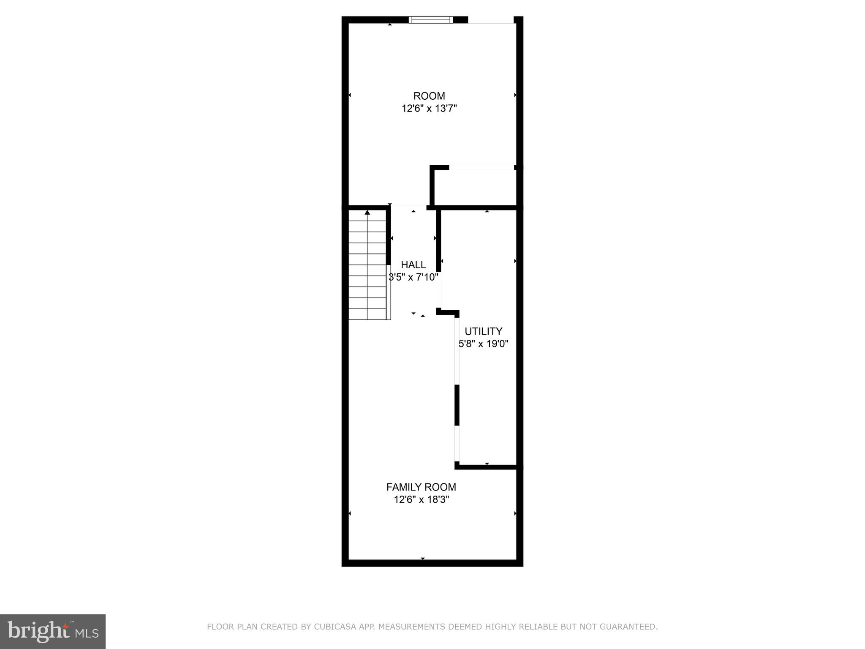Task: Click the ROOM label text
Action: tap(429, 96)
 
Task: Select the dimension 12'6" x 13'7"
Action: tap(429, 109)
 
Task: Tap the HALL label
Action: tap(413, 265)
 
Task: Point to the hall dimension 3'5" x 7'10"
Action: tap(413, 277)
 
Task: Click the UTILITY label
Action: tap(483, 331)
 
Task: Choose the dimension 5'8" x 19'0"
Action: tap(483, 344)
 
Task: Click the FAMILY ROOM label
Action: tap(421, 487)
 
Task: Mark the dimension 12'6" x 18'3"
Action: tap(421, 499)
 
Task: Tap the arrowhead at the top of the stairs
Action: tap(367, 213)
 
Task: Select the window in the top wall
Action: tap(431, 19)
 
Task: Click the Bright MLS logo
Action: tap(53, 631)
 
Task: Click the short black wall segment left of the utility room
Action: tap(457, 405)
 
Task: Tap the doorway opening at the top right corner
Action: tap(491, 20)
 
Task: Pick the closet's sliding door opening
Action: tap(481, 168)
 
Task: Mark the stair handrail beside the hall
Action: tap(389, 292)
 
